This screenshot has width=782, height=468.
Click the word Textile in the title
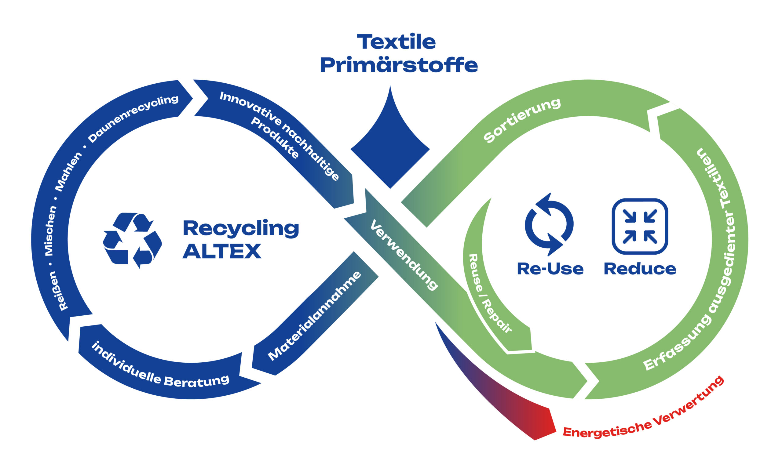click(396, 42)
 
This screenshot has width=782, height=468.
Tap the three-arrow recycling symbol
click(132, 240)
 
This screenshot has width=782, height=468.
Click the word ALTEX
click(222, 251)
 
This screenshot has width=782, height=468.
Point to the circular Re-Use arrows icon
click(549, 224)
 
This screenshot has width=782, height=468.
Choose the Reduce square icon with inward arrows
click(639, 226)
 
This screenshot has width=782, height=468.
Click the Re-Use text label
click(550, 269)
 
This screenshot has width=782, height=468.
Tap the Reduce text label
click(640, 269)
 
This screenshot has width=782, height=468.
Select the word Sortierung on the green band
click(522, 120)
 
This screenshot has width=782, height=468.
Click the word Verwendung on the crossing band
click(404, 255)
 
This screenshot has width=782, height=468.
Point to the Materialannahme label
click(315, 316)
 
